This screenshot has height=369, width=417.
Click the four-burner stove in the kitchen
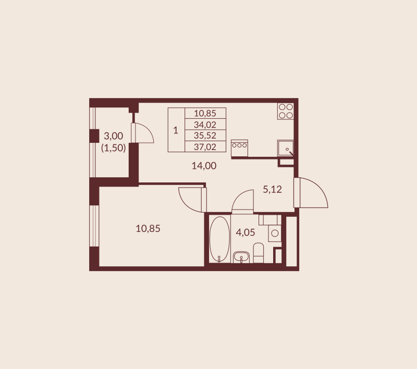pyautogui.click(x=285, y=111)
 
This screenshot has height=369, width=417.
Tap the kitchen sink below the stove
pyautogui.click(x=286, y=148)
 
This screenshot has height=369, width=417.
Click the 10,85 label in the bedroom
pyautogui.click(x=148, y=228)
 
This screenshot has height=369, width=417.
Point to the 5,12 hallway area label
pyautogui.click(x=272, y=190)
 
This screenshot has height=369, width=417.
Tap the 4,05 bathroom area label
pyautogui.click(x=246, y=232)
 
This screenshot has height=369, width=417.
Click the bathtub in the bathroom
pyautogui.click(x=219, y=239)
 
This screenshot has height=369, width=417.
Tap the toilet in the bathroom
pyautogui.click(x=259, y=254)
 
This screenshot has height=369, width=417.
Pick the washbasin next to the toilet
pyautogui.click(x=241, y=256)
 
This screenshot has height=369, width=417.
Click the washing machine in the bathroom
pyautogui.click(x=275, y=232)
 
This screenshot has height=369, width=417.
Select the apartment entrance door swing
pyautogui.click(x=312, y=193)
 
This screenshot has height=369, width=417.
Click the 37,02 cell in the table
pyautogui.click(x=205, y=147)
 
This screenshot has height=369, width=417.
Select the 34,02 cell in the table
pyautogui.click(x=205, y=125)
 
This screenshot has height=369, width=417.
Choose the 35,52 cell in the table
pyautogui.click(x=205, y=136)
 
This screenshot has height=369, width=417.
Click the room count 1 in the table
pyautogui.click(x=176, y=130)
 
